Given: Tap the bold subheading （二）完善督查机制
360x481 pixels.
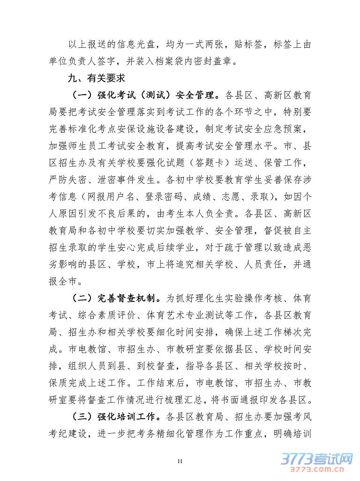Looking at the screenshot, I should (x=116, y=297).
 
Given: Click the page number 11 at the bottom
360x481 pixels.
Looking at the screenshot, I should (x=180, y=462).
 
